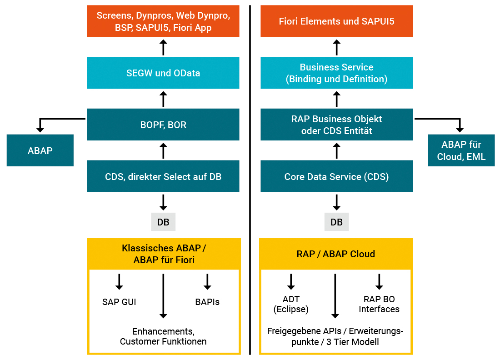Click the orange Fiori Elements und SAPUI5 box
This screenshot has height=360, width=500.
coord(336,21)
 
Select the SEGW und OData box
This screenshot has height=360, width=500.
coord(163,73)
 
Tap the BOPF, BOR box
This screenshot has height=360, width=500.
coord(163,125)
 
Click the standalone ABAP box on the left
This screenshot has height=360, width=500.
coord(40,150)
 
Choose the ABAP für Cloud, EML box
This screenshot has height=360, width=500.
coord(461,150)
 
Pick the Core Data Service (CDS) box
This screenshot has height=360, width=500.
coord(336,176)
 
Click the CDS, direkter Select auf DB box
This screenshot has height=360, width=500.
coord(163,176)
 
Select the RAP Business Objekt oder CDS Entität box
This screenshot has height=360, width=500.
coord(336,125)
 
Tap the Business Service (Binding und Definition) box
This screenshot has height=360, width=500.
coord(336,73)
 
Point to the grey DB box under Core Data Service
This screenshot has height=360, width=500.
coord(336,222)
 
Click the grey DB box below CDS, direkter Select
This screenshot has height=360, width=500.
coord(163,222)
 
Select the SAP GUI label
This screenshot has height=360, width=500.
coord(119,302)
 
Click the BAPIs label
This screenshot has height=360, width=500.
coord(207,302)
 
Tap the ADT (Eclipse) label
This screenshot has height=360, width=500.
coord(291,304)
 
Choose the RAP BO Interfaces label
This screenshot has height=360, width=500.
coord(379,304)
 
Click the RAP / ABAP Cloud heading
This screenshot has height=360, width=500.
coord(336,254)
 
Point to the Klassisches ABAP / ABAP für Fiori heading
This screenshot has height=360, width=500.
coord(164,254)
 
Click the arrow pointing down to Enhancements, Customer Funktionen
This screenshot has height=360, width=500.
coord(163,295)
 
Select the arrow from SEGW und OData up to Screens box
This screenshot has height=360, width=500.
coord(163,47)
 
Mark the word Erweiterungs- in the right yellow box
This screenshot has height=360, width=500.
coord(379,331)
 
